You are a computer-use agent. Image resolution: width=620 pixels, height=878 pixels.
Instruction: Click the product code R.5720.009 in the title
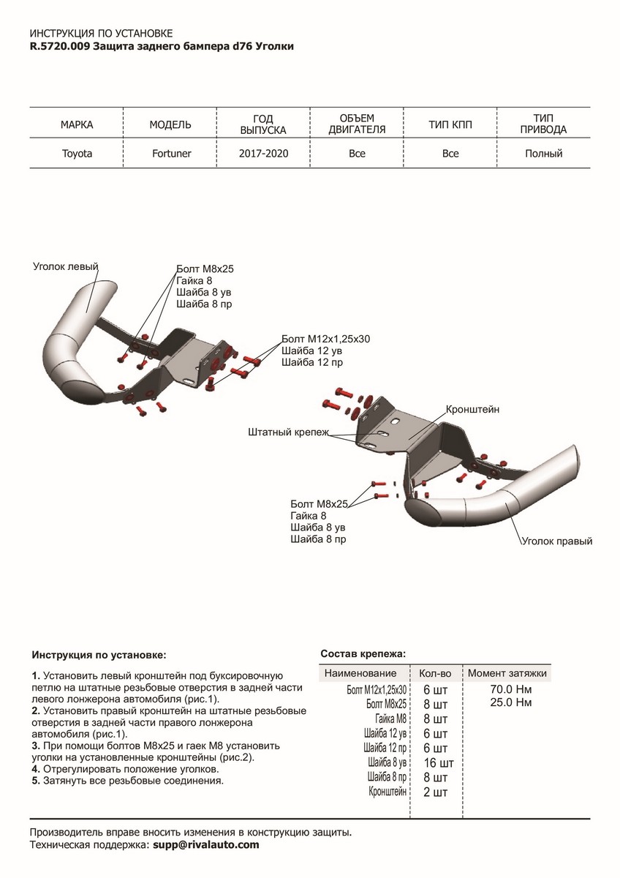[x=61, y=46]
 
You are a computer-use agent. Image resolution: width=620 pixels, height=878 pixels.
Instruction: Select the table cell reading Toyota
[x=76, y=154]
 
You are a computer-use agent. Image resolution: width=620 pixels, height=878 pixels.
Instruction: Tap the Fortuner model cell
[x=170, y=154]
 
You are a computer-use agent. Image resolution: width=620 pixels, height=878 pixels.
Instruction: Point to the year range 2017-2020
[x=263, y=154]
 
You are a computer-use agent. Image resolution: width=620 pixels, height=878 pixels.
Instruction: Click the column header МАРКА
[x=76, y=124]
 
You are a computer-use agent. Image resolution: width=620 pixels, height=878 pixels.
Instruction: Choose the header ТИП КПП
[x=450, y=124]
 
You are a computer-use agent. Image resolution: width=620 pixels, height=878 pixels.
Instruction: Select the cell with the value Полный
[x=543, y=154]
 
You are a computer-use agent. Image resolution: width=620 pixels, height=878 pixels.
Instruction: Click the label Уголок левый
[x=66, y=266]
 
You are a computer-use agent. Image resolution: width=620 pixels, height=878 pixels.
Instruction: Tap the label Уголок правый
[x=556, y=541]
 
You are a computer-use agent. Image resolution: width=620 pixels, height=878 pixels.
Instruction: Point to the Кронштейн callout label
[x=472, y=410]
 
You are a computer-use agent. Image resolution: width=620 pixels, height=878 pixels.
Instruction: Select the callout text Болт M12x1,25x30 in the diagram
[x=325, y=339]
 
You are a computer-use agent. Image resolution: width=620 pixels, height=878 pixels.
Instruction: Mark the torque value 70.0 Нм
[x=511, y=689]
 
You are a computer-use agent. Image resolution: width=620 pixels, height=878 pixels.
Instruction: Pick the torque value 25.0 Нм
[x=511, y=702]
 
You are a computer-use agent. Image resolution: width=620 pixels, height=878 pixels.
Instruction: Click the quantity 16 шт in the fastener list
[x=438, y=762]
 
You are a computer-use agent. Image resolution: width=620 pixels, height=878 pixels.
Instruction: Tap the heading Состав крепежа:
[x=363, y=653]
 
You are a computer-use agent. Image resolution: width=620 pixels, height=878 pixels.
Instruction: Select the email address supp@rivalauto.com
[x=205, y=844]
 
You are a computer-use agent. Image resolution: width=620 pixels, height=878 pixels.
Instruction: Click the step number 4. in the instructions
[x=36, y=770]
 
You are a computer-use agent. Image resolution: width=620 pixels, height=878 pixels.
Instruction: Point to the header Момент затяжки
[x=507, y=673]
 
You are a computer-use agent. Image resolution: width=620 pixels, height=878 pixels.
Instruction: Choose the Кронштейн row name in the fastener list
[x=387, y=792]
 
